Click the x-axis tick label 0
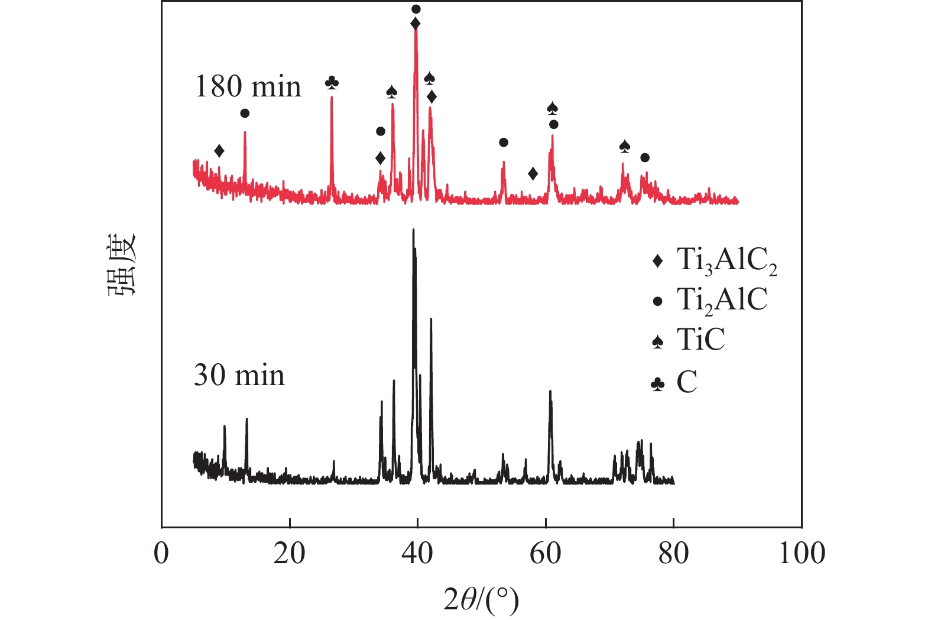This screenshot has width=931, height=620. tap(161, 554)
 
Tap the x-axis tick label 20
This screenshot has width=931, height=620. tap(289, 554)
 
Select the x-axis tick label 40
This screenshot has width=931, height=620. tap(417, 554)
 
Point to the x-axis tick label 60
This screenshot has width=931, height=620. tap(545, 554)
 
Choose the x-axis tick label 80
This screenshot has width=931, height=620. tap(673, 554)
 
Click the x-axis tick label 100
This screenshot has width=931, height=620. tap(802, 554)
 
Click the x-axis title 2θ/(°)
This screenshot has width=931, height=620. tap(481, 600)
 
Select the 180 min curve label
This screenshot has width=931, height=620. tap(248, 87)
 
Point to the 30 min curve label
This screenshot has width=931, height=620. tap(239, 376)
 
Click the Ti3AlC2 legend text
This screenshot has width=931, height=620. tap(726, 260)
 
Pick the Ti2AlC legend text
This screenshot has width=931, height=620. tap(722, 300)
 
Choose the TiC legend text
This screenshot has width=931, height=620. tap(701, 340)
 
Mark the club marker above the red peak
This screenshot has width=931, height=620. tap(332, 83)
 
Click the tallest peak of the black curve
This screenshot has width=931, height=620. tap(413, 230)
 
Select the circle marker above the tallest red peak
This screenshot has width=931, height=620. tap(416, 9)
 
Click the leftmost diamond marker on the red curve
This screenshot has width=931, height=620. tap(219, 151)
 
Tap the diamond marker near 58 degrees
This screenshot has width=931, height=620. tap(533, 173)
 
